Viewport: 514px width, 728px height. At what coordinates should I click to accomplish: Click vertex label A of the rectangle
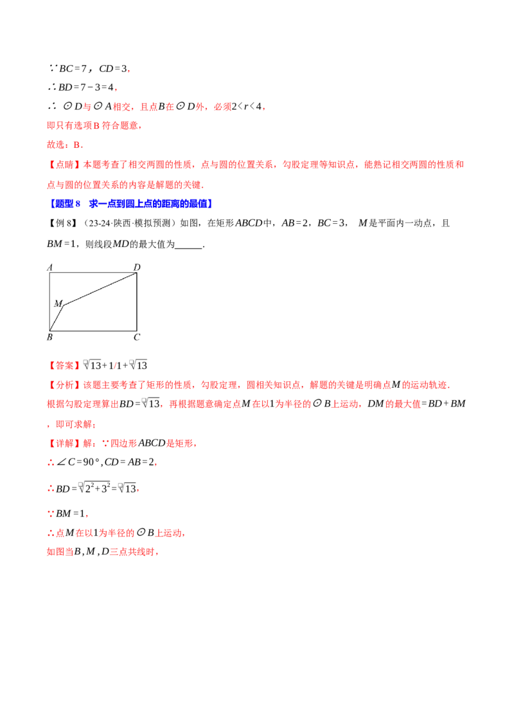tap(50, 267)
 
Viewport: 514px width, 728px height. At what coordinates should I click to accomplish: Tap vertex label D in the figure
tap(137, 267)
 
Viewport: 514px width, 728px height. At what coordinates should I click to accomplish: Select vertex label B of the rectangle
tap(49, 337)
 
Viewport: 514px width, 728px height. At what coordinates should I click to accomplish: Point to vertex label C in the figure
tap(137, 337)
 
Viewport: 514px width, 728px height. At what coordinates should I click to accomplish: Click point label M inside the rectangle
tap(58, 303)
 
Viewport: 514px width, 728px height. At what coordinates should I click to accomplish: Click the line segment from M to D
tap(100, 289)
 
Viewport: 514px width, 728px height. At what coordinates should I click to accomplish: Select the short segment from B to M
tap(57, 318)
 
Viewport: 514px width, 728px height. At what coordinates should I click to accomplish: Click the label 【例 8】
tap(62, 223)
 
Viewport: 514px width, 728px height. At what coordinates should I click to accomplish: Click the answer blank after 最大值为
tap(189, 244)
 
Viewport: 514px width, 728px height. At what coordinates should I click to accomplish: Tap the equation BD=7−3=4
tap(86, 87)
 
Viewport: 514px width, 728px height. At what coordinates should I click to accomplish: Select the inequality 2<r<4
tap(246, 107)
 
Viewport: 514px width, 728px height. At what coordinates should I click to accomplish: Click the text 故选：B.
tap(65, 145)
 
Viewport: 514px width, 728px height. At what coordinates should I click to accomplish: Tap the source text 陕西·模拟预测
tap(139, 223)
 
